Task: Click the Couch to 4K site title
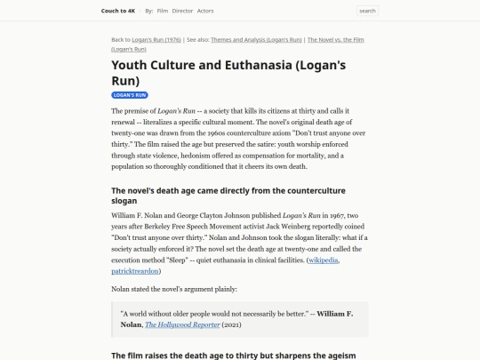point(119,11)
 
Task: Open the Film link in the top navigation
point(163,11)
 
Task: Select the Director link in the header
point(182,11)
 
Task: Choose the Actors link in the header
point(205,11)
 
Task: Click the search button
point(367,11)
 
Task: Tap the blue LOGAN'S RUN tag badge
point(130,94)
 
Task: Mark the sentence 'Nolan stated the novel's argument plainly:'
point(174,289)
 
